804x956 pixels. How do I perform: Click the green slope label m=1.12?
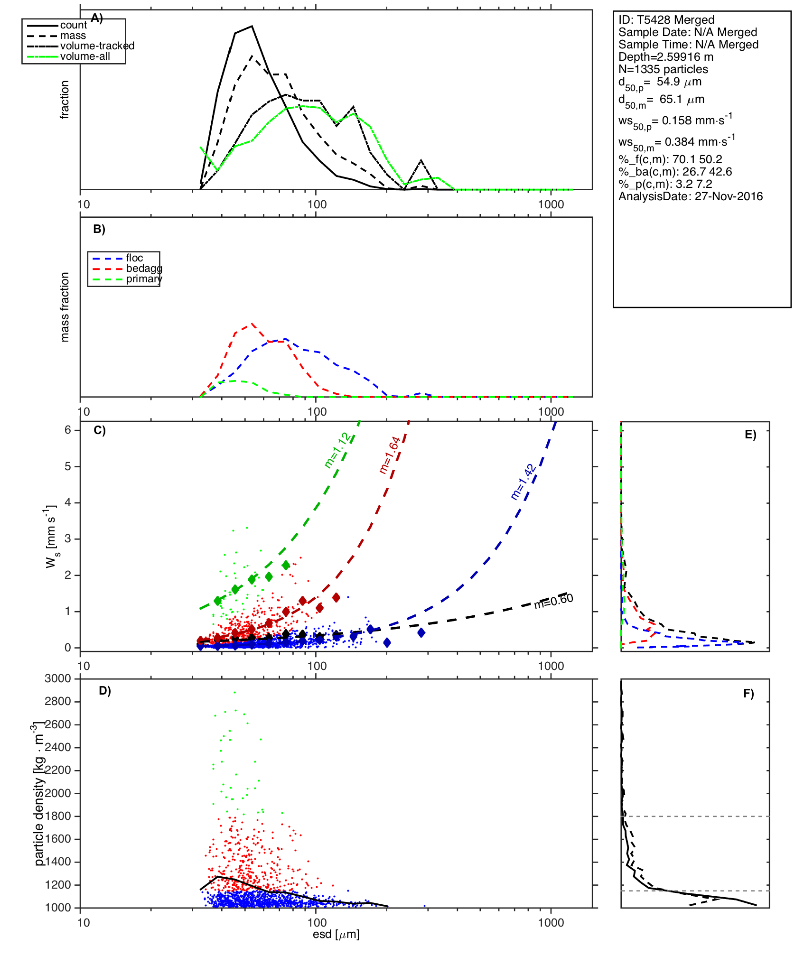[x=337, y=450]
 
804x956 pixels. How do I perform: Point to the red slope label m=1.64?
[x=390, y=455]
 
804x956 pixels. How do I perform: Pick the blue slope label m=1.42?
[x=523, y=482]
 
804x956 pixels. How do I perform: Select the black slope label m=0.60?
[x=553, y=601]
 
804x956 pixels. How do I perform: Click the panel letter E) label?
[x=750, y=435]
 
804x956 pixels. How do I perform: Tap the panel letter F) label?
[x=748, y=694]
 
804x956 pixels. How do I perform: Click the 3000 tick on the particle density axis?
[x=58, y=678]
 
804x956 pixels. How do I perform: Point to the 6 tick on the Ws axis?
[x=68, y=430]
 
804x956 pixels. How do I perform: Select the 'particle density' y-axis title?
[x=39, y=793]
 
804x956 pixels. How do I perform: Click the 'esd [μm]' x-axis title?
[x=336, y=934]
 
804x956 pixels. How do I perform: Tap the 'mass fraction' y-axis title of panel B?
[x=65, y=307]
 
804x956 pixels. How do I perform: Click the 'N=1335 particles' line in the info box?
[x=663, y=69]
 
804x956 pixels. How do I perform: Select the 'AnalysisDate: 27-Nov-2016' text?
[x=691, y=196]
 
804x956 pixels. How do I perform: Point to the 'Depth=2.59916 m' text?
[x=666, y=57]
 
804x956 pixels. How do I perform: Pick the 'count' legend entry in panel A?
[x=74, y=25]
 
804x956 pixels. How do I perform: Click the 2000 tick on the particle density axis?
[x=58, y=793]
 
